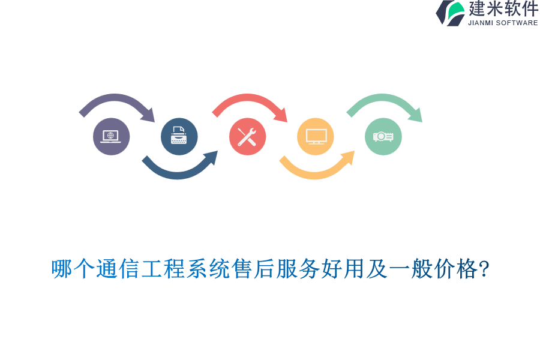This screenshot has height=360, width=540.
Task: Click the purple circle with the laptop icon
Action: click(x=111, y=137)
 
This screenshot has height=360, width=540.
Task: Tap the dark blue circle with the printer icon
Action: click(x=179, y=137)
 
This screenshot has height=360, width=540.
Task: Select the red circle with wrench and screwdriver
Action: click(x=247, y=137)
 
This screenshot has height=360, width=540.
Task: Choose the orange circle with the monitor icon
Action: click(x=316, y=137)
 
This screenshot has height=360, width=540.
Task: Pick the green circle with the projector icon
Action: click(x=383, y=137)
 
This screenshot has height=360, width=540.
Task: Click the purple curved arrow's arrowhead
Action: click(x=149, y=115)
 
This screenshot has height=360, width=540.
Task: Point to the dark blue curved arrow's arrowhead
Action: click(x=211, y=157)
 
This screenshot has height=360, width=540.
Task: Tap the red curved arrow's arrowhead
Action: click(x=281, y=115)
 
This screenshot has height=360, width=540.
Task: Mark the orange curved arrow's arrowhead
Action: click(x=349, y=157)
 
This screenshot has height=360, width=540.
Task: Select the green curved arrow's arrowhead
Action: click(x=416, y=115)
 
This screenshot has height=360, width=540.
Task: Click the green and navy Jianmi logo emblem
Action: click(x=451, y=13)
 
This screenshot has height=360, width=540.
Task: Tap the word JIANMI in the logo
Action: click(x=481, y=23)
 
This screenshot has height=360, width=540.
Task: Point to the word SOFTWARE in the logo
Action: click(x=517, y=23)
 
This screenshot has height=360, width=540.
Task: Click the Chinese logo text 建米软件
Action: click(x=503, y=9)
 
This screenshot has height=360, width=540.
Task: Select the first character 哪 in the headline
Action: click(x=62, y=269)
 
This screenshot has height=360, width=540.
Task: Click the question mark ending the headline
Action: click(x=484, y=269)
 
